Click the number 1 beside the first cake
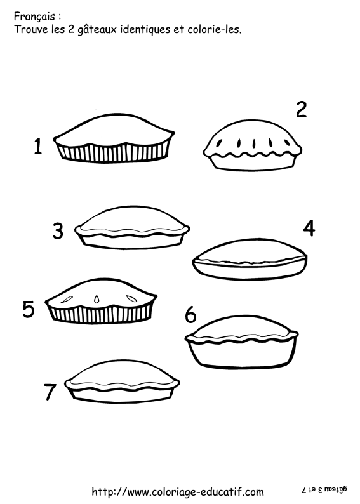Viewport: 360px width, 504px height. point(38,146)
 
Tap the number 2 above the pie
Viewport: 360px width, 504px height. point(301,109)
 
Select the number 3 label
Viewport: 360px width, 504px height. point(58,231)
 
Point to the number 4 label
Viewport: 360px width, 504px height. point(309,229)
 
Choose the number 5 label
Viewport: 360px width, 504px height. point(29,309)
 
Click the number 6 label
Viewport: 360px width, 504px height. point(190,314)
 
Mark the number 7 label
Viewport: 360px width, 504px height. point(50,392)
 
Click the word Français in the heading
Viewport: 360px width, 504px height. point(34,17)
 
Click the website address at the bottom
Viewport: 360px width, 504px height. point(178,491)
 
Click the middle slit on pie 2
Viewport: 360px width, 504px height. point(254,143)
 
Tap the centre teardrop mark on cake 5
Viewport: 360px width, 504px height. point(96,300)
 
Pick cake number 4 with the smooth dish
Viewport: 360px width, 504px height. point(250,260)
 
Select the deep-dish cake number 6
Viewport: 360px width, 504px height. point(242,342)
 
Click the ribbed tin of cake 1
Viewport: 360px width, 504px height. point(113,153)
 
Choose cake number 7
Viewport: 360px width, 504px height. point(122,382)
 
